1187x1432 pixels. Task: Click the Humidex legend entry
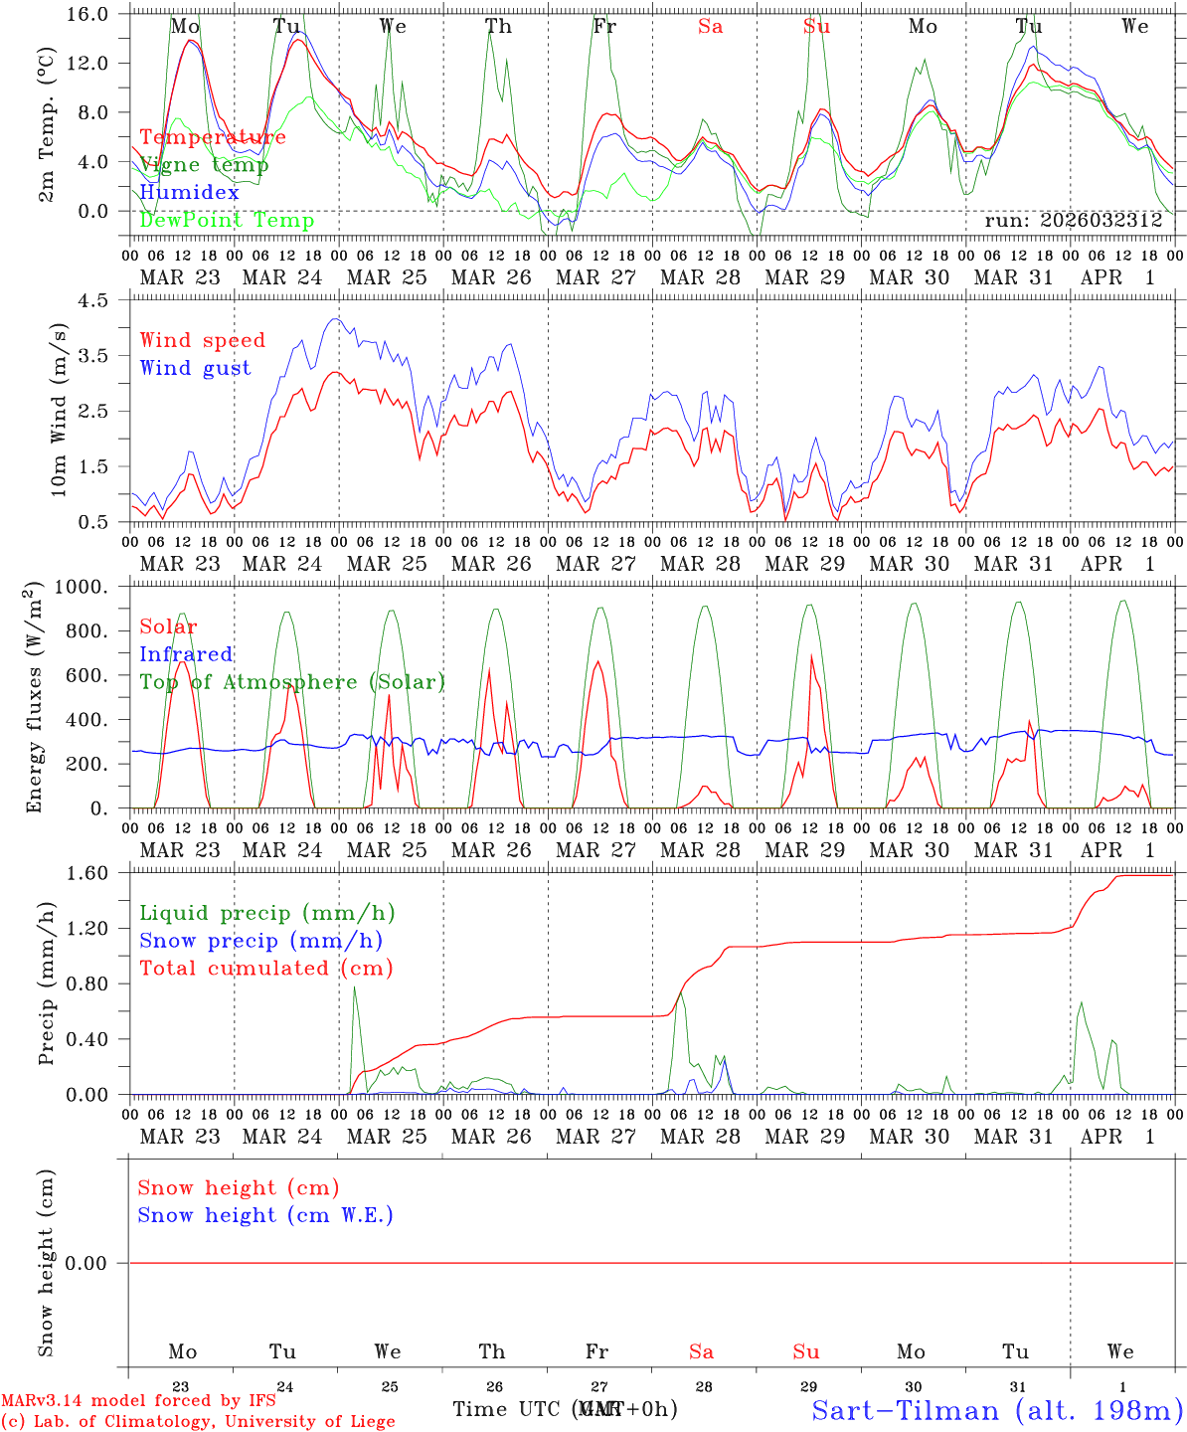189,193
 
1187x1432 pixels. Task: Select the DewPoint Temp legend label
227,221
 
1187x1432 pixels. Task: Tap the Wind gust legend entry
195,368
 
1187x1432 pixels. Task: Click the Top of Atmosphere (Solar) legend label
291,682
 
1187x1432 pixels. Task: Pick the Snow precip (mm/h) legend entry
260,941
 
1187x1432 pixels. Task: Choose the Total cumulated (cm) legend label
265,968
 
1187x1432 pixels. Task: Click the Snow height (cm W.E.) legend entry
265,1215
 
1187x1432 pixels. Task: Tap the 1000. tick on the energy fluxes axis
88,587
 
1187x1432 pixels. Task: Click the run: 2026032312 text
1073,221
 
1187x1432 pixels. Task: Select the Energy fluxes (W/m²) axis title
36,696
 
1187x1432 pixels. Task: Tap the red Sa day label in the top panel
710,27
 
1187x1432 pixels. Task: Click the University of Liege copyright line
198,1422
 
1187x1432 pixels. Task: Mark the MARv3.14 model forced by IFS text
138,1401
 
